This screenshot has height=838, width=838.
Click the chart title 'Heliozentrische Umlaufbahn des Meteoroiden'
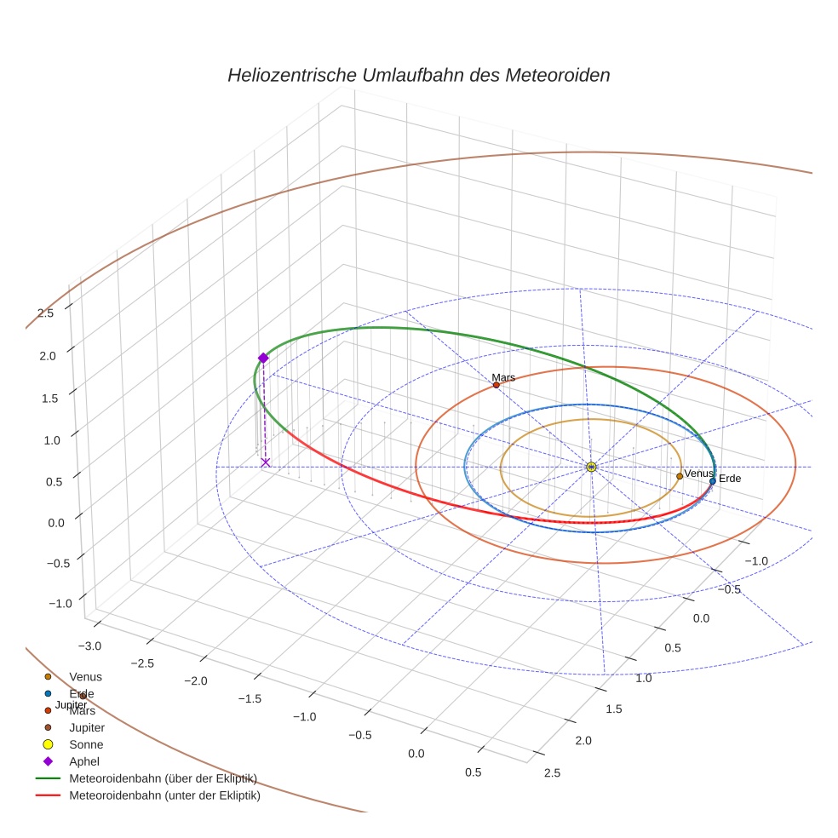point(418,75)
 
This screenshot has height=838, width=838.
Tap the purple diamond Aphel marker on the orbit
point(263,359)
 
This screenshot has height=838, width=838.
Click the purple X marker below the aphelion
point(266,462)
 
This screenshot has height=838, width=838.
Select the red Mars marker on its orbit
point(496,385)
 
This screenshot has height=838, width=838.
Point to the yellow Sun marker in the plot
point(591,467)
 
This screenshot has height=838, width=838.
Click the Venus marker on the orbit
point(680,476)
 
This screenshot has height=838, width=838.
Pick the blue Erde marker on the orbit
point(713,481)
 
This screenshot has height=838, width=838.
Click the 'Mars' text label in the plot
point(503,377)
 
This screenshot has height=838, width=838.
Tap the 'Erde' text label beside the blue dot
point(730,479)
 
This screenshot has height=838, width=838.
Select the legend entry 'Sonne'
point(86,744)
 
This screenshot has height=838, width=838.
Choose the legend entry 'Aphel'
point(84,761)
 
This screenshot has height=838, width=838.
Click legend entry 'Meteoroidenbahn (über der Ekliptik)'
point(163,778)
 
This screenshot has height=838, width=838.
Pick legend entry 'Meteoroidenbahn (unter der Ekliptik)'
point(164,796)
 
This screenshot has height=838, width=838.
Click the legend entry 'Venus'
point(85,676)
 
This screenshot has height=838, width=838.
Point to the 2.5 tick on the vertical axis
point(46,313)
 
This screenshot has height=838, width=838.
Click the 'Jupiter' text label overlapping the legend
point(71,705)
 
